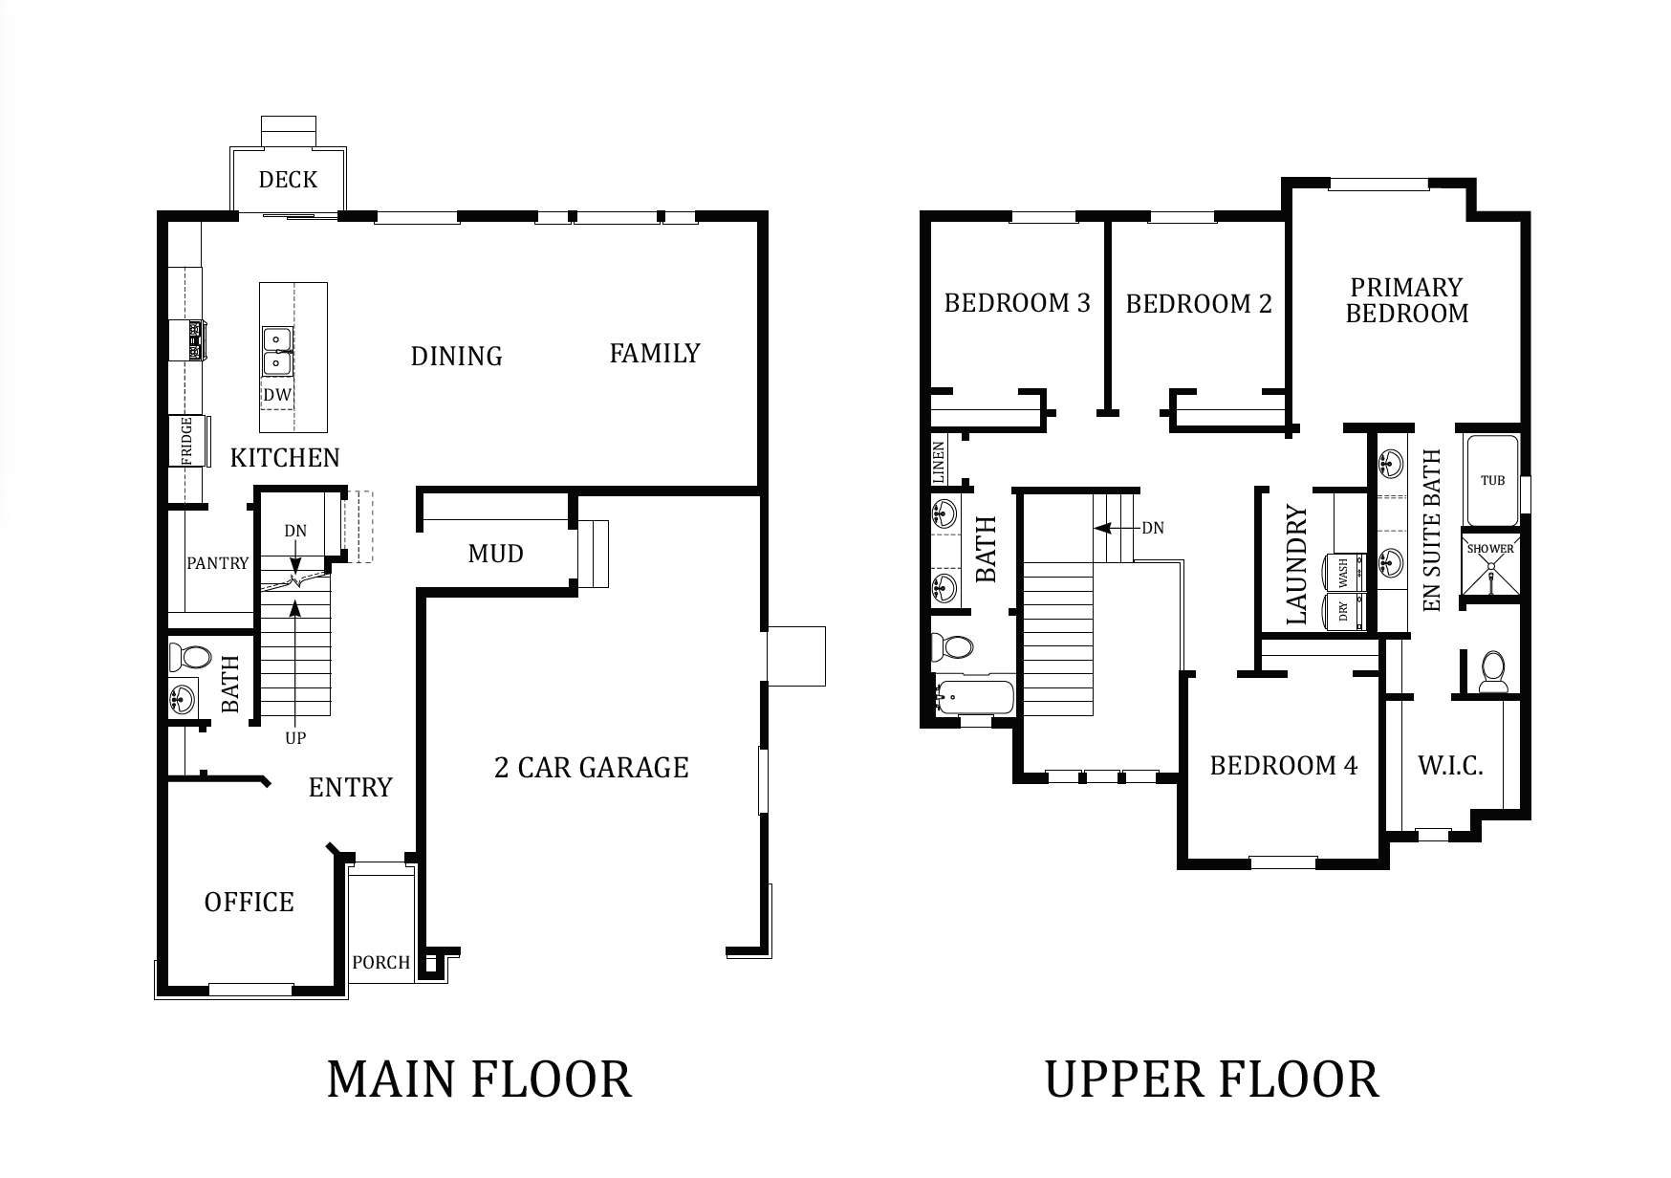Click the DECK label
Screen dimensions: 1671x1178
click(288, 180)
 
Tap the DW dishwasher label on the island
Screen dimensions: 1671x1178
click(277, 394)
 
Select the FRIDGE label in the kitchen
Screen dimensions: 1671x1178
click(186, 441)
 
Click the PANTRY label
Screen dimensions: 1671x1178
click(217, 563)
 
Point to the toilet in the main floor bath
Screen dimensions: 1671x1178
click(189, 657)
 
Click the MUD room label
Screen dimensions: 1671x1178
click(495, 554)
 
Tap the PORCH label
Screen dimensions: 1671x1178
click(380, 963)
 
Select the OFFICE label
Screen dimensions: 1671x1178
click(249, 903)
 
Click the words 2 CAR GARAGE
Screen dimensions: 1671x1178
click(591, 768)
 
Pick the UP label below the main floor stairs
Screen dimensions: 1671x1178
click(295, 738)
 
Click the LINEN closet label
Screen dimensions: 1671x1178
click(939, 463)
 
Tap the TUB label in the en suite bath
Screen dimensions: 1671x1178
click(1492, 480)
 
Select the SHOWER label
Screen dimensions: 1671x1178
click(1490, 549)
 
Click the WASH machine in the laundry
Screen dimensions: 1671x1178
click(1342, 573)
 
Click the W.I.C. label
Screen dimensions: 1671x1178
click(1450, 766)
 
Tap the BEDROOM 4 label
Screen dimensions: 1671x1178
click(1283, 766)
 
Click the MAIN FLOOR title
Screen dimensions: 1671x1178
click(479, 1079)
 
